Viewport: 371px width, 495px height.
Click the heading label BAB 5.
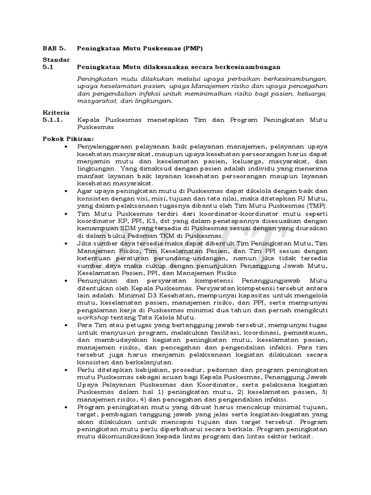53,49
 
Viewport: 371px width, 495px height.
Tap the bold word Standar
55,59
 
